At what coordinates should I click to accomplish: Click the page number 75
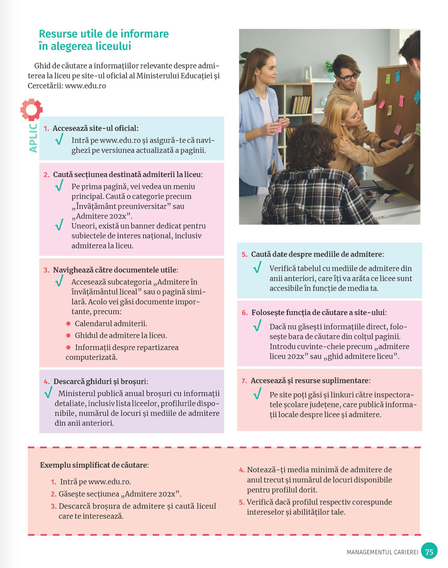point(429,551)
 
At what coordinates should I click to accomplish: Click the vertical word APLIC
point(33,138)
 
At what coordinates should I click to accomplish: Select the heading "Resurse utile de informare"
point(104,34)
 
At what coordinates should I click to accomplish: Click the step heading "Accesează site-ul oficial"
point(95,128)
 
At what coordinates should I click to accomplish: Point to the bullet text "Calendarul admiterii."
point(111,323)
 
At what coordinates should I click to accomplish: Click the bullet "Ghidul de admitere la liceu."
point(121,335)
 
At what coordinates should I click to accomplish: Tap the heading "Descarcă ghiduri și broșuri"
point(100,382)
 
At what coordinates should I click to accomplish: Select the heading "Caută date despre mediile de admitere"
point(317,254)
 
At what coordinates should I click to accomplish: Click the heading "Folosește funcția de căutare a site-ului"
point(318,313)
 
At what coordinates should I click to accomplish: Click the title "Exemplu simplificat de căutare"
point(94,465)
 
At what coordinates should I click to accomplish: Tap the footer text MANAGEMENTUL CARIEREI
point(382,552)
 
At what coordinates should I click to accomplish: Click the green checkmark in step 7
point(257,395)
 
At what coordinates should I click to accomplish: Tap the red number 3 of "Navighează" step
point(47,270)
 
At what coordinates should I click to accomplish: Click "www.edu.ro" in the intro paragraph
point(85,86)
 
